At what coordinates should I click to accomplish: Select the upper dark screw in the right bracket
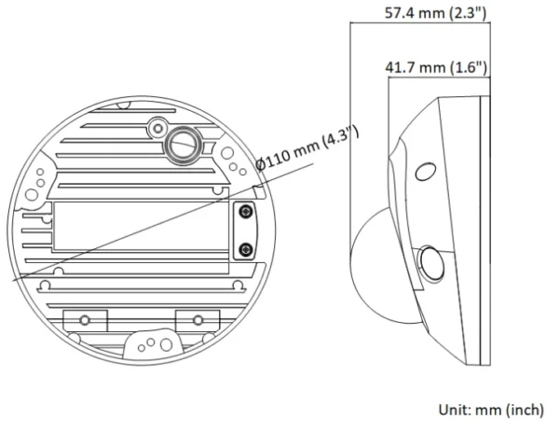pyautogui.click(x=244, y=215)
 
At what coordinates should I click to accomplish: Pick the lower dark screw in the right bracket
pyautogui.click(x=244, y=249)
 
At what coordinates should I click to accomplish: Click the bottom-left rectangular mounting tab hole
pyautogui.click(x=84, y=319)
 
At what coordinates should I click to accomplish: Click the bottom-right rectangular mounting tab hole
pyautogui.click(x=197, y=319)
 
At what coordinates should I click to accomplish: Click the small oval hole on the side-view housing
pyautogui.click(x=424, y=172)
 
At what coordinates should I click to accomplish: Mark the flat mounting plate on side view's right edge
pyautogui.click(x=484, y=224)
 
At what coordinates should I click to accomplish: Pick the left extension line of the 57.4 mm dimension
pyautogui.click(x=349, y=112)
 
